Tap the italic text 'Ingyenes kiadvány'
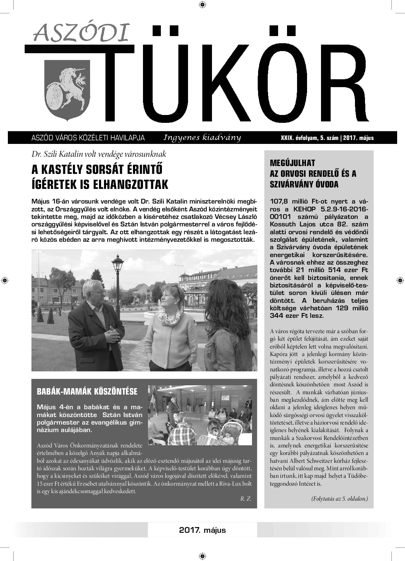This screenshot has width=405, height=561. point(202,137)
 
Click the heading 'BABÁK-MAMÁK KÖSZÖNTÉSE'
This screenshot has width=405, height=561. point(87,391)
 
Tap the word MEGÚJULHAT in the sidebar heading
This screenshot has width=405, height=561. point(293,163)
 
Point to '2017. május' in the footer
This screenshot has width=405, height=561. point(203,530)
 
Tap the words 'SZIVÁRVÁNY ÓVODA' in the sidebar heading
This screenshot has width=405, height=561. point(304,185)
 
